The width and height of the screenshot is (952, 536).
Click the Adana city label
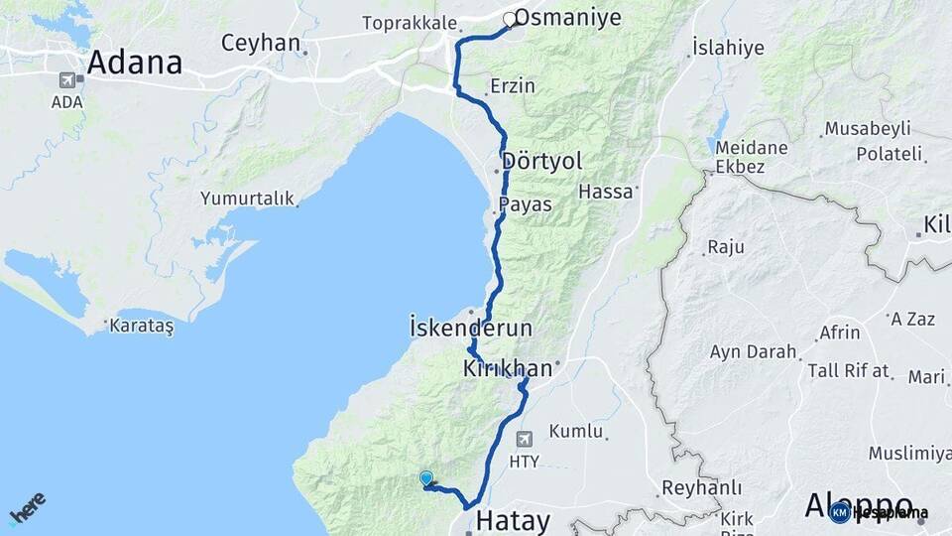[135, 63]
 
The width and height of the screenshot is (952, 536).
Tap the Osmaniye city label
[568, 18]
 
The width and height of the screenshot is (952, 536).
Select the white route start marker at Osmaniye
[510, 19]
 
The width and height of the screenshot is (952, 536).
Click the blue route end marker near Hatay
[426, 477]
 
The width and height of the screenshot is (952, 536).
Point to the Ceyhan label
[260, 43]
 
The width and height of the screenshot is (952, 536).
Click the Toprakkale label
[410, 22]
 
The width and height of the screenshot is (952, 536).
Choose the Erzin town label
[512, 85]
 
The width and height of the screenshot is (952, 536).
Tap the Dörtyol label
[542, 161]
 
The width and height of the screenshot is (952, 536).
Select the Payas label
[525, 203]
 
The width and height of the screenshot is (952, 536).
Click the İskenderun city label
[471, 328]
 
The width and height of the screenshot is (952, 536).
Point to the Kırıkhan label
[507, 369]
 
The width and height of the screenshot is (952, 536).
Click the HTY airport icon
[524, 438]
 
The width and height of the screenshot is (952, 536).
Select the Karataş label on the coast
[142, 327]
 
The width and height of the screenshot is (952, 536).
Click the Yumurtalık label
[247, 199]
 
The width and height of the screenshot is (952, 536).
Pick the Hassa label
[605, 192]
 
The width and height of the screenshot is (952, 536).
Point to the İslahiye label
[728, 48]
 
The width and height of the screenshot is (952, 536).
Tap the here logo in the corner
[28, 507]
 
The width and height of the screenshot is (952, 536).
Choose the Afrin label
[840, 333]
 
